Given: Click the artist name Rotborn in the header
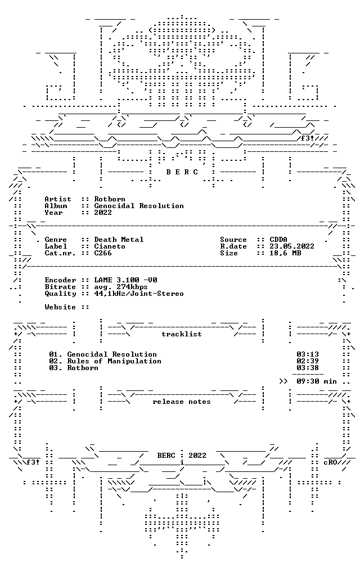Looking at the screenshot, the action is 110,199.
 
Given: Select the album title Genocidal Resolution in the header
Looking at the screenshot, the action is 139,206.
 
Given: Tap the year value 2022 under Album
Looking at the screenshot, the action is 103,213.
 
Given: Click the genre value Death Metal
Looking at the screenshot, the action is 119,240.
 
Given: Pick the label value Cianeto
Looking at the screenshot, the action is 110,246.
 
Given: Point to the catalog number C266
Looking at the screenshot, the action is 103,253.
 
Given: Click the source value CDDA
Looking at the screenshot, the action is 278,240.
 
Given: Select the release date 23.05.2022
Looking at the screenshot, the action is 292,246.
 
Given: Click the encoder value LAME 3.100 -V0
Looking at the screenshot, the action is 125,280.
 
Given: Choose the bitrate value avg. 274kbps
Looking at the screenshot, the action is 121,287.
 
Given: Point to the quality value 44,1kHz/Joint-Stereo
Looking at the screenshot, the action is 139,294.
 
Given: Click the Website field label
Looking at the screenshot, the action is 60,307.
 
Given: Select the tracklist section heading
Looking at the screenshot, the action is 182,334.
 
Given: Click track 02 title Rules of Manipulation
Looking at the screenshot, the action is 114,361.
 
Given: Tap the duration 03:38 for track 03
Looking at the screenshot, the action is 308,368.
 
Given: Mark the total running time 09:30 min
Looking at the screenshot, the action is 317,381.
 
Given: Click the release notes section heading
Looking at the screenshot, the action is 182,402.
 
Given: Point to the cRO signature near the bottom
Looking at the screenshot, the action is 330,462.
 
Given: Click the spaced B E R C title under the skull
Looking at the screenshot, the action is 182,172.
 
